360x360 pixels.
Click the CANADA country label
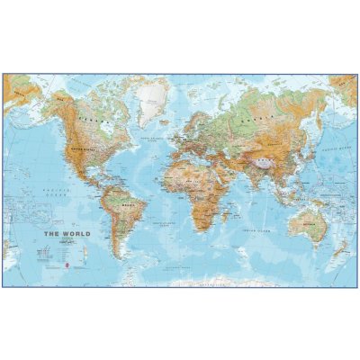[88, 117]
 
